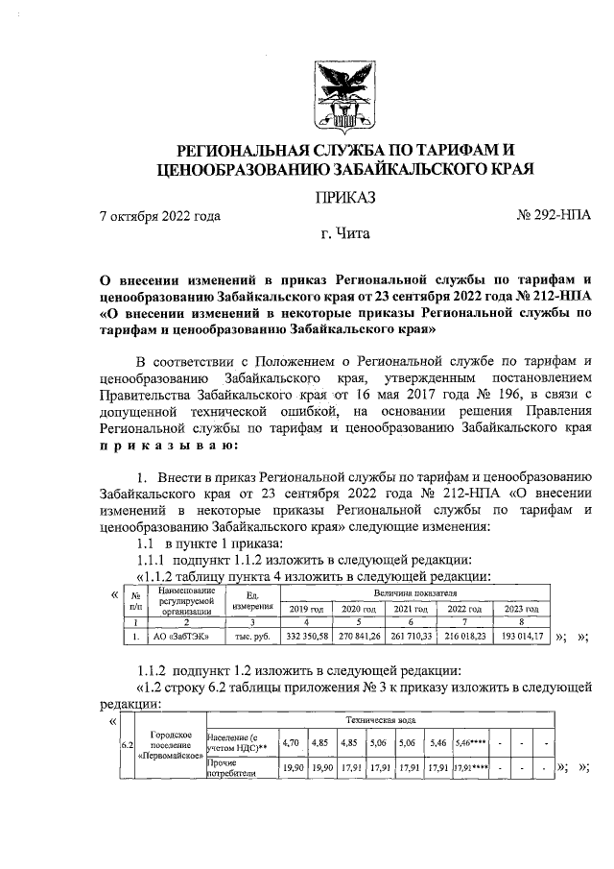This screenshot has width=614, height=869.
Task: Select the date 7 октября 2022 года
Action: click(x=160, y=215)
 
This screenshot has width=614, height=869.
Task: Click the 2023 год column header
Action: click(x=524, y=609)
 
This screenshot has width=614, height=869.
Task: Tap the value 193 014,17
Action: click(x=524, y=636)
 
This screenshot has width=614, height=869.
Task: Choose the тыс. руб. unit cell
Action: click(x=248, y=636)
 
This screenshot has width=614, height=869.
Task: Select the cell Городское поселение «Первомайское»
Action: click(x=172, y=746)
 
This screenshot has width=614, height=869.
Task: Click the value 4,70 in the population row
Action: click(x=291, y=742)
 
